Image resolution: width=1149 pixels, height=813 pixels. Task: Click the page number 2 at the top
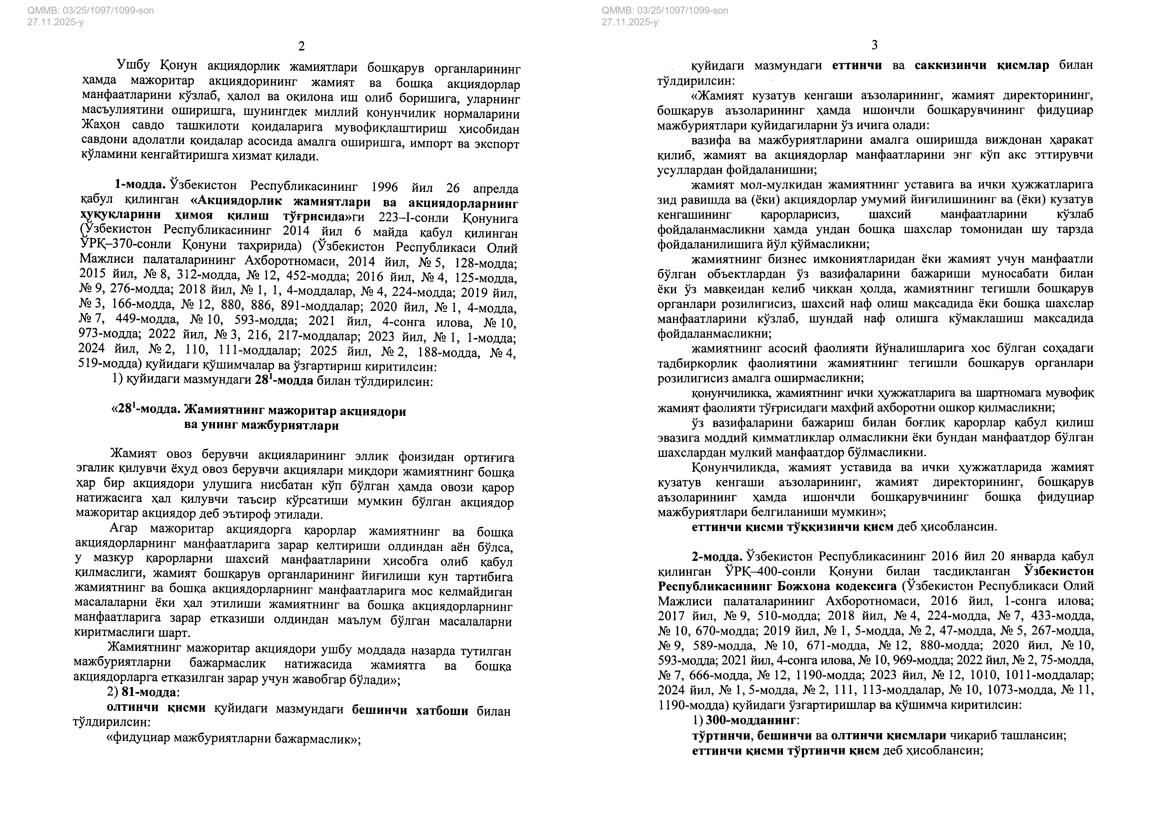[x=301, y=46]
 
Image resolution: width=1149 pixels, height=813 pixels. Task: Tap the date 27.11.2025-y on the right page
[x=630, y=22]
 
